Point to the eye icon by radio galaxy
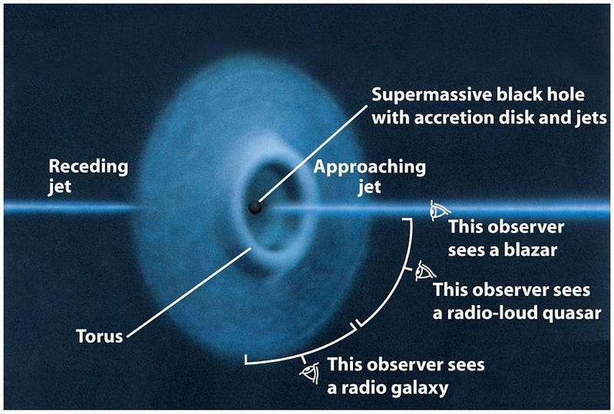click(x=311, y=373)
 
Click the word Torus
click(x=99, y=336)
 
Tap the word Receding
click(x=88, y=166)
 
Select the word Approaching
click(x=369, y=167)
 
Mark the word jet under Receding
click(x=60, y=186)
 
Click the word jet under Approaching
click(x=369, y=187)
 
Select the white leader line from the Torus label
click(x=189, y=292)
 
